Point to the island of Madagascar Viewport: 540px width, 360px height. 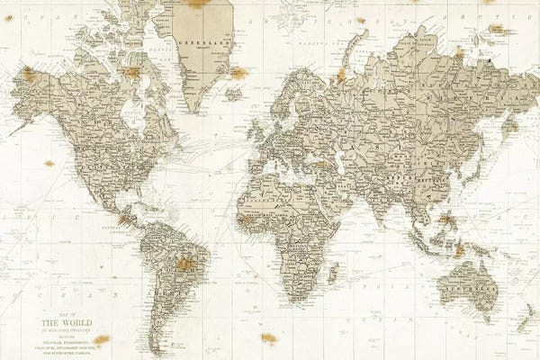(334, 271)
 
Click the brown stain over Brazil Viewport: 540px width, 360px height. (185, 264)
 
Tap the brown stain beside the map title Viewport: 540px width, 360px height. (102, 339)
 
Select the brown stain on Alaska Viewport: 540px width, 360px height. (28, 74)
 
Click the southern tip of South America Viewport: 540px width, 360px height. (159, 351)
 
